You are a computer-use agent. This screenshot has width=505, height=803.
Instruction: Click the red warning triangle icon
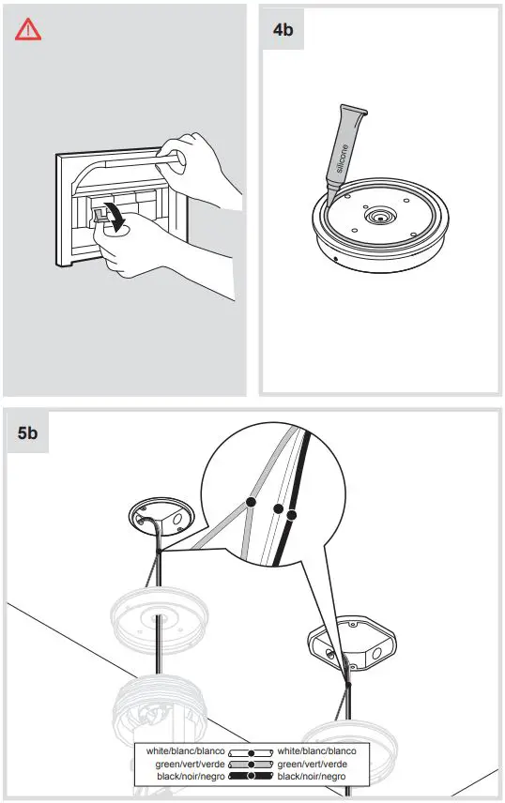click(x=28, y=30)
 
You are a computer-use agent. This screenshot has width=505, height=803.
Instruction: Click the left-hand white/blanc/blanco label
click(x=184, y=751)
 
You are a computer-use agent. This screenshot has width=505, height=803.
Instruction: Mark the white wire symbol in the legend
click(x=251, y=751)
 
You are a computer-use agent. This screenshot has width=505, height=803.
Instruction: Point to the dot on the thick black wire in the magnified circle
click(x=292, y=515)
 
